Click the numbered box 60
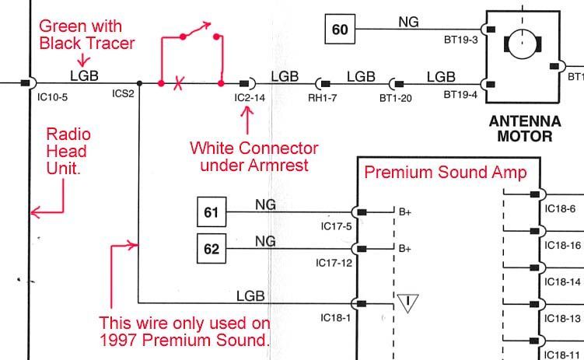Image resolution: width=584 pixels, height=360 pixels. (340, 30)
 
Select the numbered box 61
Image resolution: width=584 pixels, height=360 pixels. (212, 211)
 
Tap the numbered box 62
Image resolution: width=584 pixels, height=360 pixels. (212, 250)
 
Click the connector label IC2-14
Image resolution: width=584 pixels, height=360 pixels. (250, 97)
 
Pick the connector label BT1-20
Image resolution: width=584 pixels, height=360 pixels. (395, 97)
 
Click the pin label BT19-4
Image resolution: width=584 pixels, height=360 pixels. (460, 95)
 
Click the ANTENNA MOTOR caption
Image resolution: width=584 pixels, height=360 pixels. (526, 128)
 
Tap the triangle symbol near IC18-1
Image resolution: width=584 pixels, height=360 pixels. (407, 302)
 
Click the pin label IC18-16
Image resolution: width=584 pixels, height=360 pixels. (563, 245)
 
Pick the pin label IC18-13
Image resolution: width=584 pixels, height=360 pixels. (563, 319)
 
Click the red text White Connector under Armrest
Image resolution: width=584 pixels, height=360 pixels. (254, 156)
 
